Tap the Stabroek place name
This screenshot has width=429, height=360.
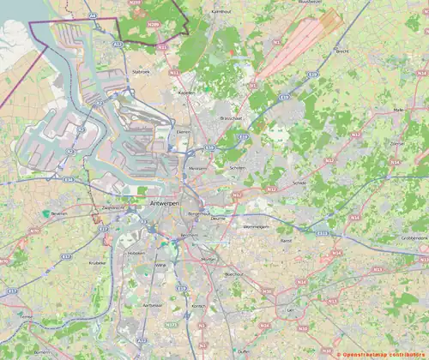click(140, 72)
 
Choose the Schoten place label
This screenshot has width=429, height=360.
click(237, 168)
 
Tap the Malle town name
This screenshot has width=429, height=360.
click(397, 110)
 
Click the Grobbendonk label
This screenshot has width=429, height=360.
click(414, 237)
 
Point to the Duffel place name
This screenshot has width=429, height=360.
click(221, 351)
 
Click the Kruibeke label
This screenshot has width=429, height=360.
click(97, 262)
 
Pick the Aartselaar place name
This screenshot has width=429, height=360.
click(153, 305)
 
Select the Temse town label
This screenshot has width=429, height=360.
click(27, 316)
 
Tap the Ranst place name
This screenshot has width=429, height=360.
click(287, 242)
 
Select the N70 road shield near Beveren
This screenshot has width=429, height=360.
click(34, 231)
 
